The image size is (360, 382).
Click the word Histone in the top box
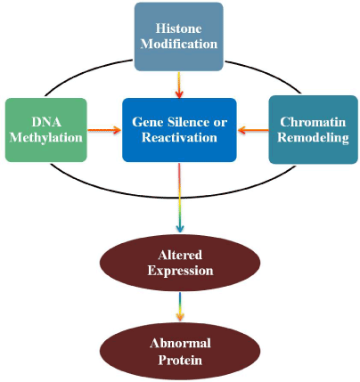tap(179, 28)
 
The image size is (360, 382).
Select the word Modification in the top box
tap(179, 44)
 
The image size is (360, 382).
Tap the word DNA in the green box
tap(46, 122)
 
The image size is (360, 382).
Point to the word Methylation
tap(46, 138)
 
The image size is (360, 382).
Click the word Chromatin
tap(313, 122)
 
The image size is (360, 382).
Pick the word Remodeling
tap(313, 138)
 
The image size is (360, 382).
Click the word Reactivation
tap(179, 137)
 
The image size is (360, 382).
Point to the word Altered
tap(180, 255)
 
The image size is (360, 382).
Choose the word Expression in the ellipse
tap(180, 271)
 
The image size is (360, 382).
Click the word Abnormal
tap(180, 344)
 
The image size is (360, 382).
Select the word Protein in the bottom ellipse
tap(180, 360)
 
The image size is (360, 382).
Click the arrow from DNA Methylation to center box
tap(104, 130)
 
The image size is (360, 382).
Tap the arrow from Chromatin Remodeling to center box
tap(253, 130)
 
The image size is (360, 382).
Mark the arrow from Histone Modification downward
tap(178, 85)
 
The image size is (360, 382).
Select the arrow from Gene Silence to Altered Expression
tap(180, 198)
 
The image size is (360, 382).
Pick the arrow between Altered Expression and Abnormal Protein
tap(180, 306)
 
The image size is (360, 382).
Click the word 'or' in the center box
tap(220, 123)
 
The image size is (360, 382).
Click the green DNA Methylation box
tap(46, 130)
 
